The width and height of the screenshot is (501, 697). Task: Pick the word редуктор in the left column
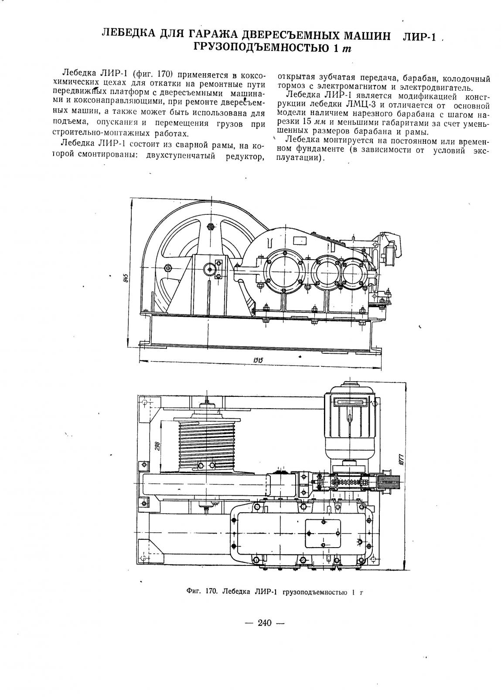pyautogui.click(x=245, y=156)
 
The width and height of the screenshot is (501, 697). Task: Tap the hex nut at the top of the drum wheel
pyautogui.click(x=210, y=226)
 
